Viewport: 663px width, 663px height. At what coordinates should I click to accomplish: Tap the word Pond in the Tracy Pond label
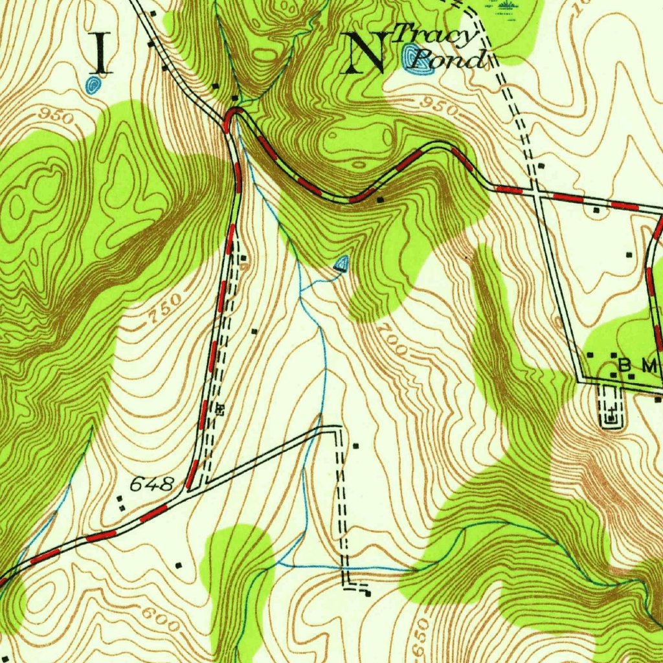(x=449, y=60)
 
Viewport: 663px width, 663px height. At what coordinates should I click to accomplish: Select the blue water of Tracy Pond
(x=410, y=57)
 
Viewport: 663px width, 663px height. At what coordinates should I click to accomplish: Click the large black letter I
(x=100, y=52)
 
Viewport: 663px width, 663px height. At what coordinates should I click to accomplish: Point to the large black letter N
(x=367, y=52)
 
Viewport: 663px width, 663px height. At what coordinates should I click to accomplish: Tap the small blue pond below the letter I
(x=94, y=85)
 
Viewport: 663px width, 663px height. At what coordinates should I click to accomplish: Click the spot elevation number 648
(x=152, y=484)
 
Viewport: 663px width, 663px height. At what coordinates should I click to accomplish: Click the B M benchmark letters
(x=637, y=366)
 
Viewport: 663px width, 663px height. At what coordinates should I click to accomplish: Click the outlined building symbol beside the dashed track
(x=219, y=409)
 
